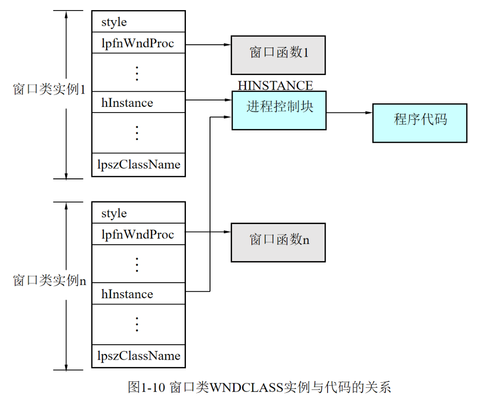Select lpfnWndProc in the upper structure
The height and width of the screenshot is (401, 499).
[138, 44]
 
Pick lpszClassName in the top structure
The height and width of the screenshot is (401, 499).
[138, 164]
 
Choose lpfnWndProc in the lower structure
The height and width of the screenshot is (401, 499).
[138, 235]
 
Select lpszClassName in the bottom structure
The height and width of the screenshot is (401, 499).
[138, 356]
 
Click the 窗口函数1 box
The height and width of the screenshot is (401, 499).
[278, 54]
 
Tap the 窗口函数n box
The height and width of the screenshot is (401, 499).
[278, 242]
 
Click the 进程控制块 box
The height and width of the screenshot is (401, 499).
[279, 110]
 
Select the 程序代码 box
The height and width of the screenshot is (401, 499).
[420, 123]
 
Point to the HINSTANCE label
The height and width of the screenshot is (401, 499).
[275, 86]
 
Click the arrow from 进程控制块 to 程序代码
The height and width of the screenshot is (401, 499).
[349, 113]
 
